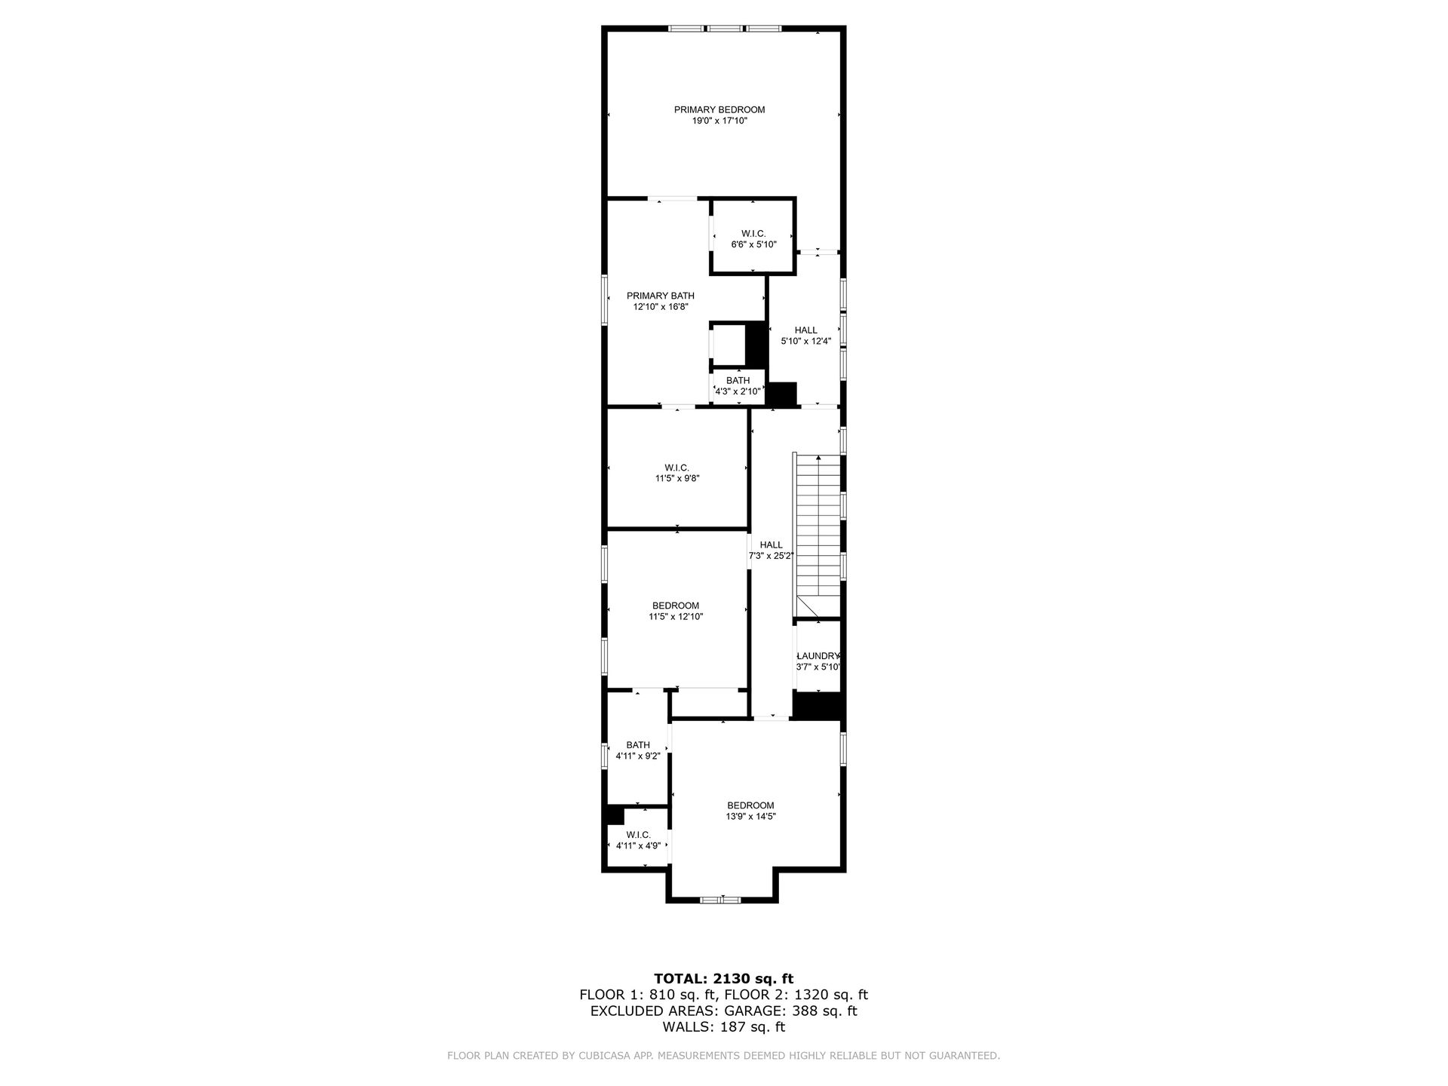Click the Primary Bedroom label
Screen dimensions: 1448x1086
click(x=719, y=110)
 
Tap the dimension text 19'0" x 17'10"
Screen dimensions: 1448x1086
click(x=719, y=121)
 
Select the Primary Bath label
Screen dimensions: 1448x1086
click(x=661, y=296)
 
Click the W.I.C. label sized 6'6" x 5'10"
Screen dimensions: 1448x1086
click(x=753, y=234)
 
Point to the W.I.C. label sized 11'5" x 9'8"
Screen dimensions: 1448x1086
click(x=677, y=468)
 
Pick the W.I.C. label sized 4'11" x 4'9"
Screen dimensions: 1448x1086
click(x=638, y=835)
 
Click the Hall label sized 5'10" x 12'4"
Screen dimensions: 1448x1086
click(x=806, y=330)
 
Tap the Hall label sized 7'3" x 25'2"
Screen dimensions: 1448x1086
click(x=771, y=545)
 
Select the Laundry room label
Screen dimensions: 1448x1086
click(x=818, y=656)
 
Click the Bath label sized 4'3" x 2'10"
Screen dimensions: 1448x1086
click(x=738, y=381)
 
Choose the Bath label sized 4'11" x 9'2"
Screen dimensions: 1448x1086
click(x=638, y=745)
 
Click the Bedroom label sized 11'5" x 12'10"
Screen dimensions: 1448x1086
click(x=676, y=606)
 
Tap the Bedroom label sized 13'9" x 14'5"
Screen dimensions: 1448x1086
click(x=750, y=805)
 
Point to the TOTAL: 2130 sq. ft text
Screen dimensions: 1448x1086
click(x=724, y=979)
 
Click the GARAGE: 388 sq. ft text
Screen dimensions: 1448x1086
click(x=791, y=1011)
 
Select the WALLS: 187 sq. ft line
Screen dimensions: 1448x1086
click(x=724, y=1027)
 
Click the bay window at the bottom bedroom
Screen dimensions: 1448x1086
click(x=721, y=899)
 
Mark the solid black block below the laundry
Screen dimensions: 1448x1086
click(x=818, y=705)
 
